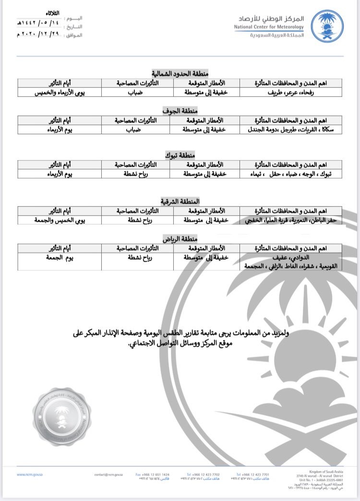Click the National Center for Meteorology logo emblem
(x=327, y=26)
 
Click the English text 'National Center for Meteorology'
(x=269, y=27)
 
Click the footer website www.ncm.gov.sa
(x=27, y=475)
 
